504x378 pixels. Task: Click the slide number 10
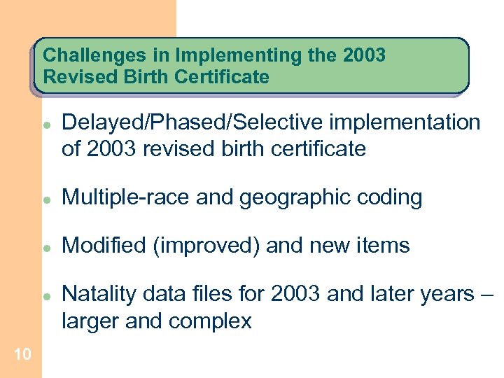point(22,355)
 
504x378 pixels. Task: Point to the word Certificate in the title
point(226,76)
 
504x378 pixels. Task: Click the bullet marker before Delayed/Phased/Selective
point(44,122)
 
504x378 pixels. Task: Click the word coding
point(391,198)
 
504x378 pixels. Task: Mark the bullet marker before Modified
point(44,247)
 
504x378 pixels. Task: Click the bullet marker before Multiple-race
point(44,199)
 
